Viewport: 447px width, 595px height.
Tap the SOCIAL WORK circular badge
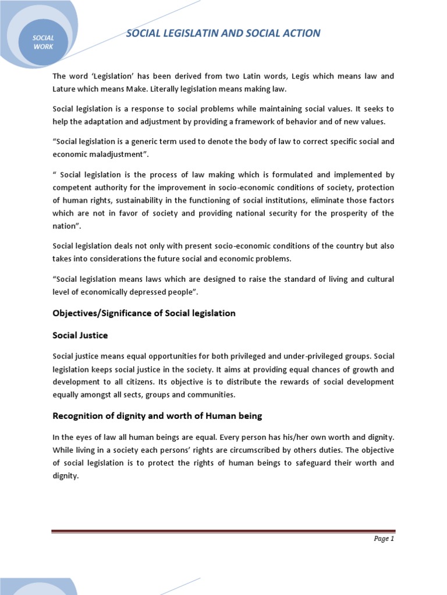pos(44,42)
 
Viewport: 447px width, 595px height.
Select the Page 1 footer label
pos(384,539)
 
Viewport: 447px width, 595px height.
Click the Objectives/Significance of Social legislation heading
pos(144,313)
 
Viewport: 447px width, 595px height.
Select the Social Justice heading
pos(80,335)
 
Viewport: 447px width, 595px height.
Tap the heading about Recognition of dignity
pos(157,415)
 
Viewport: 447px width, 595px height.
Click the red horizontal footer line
pos(223,531)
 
